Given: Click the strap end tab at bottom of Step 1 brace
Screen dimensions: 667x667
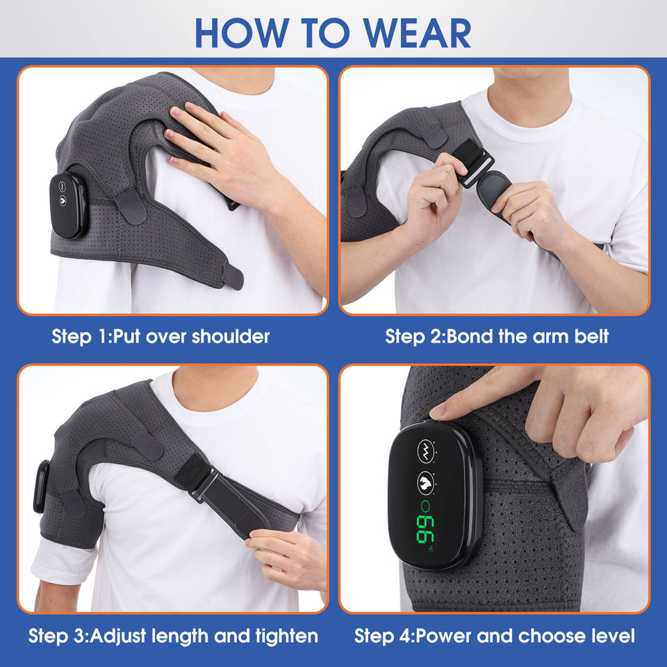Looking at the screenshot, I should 233,277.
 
